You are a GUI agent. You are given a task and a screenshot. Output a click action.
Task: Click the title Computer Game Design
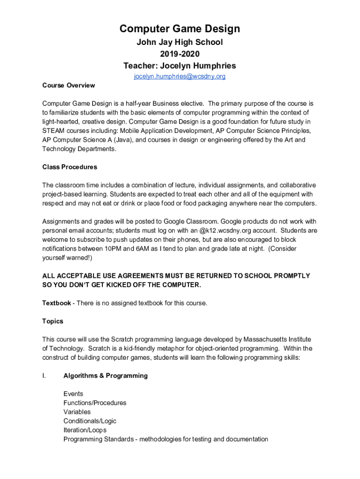[180, 29]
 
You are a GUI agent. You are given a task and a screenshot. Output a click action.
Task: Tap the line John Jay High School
[180, 42]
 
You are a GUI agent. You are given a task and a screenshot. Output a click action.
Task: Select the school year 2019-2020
[180, 54]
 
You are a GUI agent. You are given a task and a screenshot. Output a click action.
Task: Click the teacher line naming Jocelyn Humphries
[180, 65]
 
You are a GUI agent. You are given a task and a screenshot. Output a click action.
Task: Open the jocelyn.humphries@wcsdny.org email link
[180, 76]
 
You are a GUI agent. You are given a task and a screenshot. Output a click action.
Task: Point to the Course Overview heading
[68, 85]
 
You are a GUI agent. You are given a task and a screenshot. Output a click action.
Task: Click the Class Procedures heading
[70, 167]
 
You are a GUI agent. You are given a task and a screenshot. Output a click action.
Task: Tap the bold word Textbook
[57, 303]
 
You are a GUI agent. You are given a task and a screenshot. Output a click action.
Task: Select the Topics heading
[52, 321]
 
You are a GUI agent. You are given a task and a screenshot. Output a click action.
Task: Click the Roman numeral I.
[43, 376]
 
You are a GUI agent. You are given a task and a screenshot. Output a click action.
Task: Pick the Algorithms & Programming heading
[106, 376]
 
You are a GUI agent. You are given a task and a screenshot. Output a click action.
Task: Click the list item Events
[73, 394]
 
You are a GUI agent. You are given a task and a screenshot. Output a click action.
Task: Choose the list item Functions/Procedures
[95, 403]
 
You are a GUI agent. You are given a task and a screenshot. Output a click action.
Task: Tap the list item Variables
[77, 412]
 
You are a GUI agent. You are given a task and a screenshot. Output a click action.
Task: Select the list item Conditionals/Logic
[90, 421]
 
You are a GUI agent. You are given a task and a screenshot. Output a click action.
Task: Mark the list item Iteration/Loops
[85, 430]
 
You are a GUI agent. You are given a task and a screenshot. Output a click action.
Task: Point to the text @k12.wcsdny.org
[224, 231]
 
